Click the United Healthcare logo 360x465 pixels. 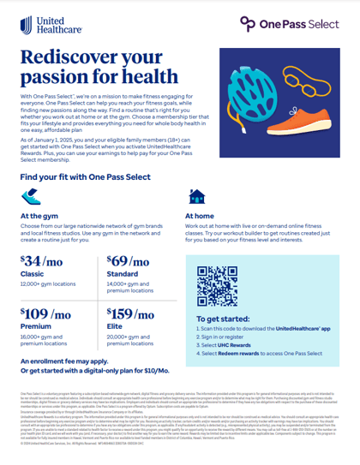click(39, 23)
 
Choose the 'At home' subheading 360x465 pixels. click(200, 216)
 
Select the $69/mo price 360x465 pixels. click(129, 262)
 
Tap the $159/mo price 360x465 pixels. click(131, 315)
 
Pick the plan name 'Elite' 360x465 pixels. click(115, 329)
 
